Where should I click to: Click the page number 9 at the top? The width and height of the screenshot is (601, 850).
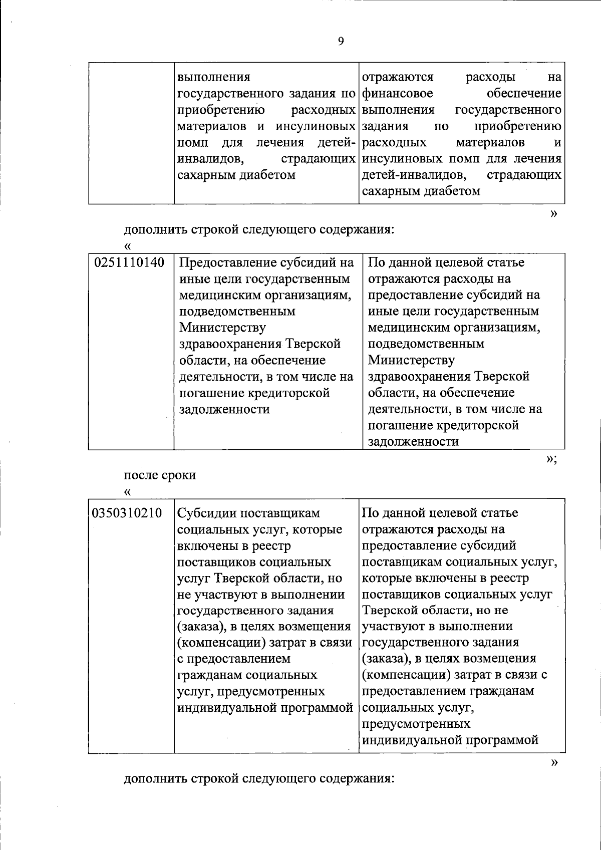(341, 42)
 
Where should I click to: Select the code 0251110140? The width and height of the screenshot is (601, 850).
(129, 262)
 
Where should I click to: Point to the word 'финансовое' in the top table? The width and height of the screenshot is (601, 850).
(397, 94)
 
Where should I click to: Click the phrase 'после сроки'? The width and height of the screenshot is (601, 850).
(160, 475)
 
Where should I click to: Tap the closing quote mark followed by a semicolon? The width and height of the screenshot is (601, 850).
(551, 459)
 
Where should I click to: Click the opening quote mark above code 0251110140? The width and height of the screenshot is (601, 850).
(128, 246)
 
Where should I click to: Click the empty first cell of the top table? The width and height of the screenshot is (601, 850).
(131, 133)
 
